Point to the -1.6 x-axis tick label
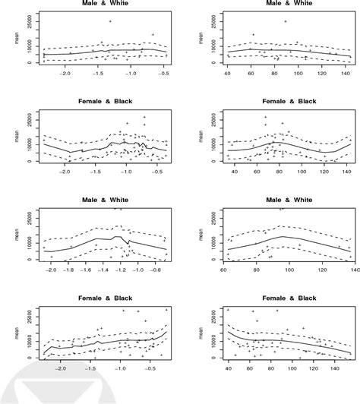pyautogui.click(x=87, y=270)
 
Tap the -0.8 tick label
pyautogui.click(x=157, y=270)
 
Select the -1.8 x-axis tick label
pyautogui.click(x=69, y=270)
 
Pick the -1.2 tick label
pyautogui.click(x=122, y=270)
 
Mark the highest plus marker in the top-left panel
pyautogui.click(x=110, y=21)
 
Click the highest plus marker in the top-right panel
pyautogui.click(x=286, y=21)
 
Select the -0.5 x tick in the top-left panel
pyautogui.click(x=163, y=73)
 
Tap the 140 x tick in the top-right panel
pyautogui.click(x=345, y=73)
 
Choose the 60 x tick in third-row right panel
pyautogui.click(x=224, y=270)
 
